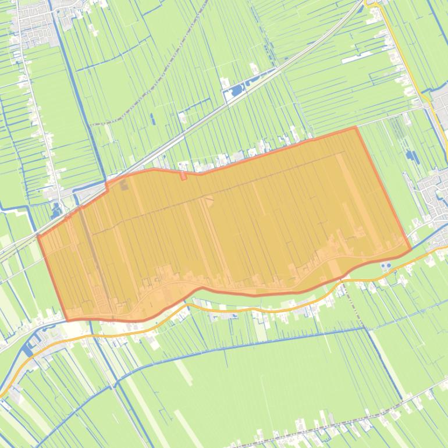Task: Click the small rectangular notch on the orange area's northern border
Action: pyautogui.click(x=183, y=175)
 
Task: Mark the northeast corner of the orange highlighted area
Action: pyautogui.click(x=355, y=127)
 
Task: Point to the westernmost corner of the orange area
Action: pyautogui.click(x=38, y=236)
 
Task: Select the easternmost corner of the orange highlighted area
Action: pyautogui.click(x=411, y=250)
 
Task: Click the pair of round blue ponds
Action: pyautogui.click(x=385, y=266)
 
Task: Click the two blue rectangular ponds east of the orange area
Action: pyautogui.click(x=412, y=156)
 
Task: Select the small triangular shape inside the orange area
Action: pyautogui.click(x=209, y=200)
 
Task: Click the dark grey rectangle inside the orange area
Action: pyautogui.click(x=123, y=186)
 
